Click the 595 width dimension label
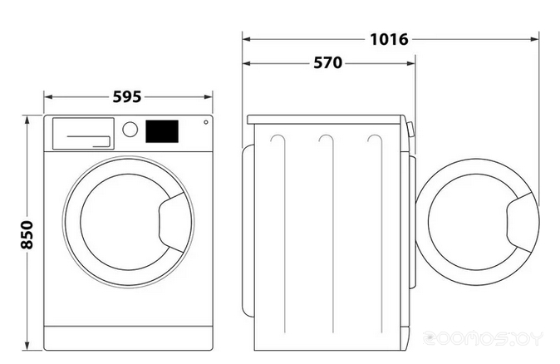pyautogui.click(x=127, y=96)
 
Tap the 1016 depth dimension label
pyautogui.click(x=391, y=39)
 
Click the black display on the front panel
pyautogui.click(x=162, y=131)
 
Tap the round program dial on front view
pyautogui.click(x=130, y=130)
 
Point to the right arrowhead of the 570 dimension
pyautogui.click(x=412, y=64)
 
